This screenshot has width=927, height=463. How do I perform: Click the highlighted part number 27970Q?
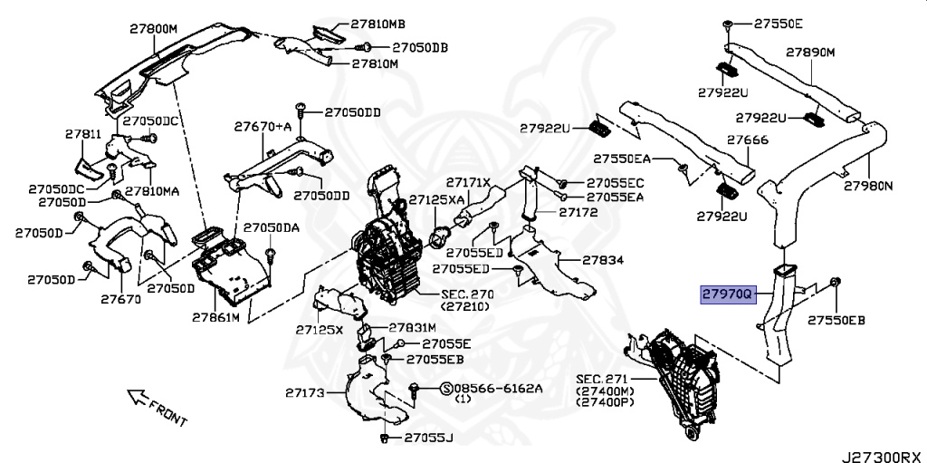click(x=727, y=294)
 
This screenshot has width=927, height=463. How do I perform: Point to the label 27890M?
click(x=810, y=53)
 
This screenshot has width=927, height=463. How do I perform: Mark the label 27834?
click(x=603, y=260)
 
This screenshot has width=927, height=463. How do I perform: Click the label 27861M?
click(x=215, y=318)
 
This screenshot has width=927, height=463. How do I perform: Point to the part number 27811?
click(x=83, y=134)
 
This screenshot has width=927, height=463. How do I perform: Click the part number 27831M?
click(x=413, y=327)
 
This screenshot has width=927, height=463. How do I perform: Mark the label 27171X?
click(x=467, y=183)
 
